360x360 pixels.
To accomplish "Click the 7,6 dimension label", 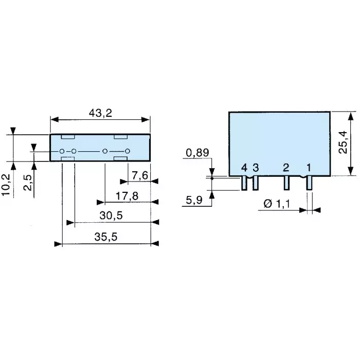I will point(139,176).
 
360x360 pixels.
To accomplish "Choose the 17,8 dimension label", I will point(127,196).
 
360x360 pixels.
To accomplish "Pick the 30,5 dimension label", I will point(112,216).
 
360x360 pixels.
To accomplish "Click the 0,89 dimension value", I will point(196,153).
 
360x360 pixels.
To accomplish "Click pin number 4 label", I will point(244,168).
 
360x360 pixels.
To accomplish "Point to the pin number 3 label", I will point(256,168).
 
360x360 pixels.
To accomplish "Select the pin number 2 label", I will point(286,168).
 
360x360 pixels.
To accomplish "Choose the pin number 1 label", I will point(309,168).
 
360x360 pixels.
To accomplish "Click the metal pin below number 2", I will point(286,183).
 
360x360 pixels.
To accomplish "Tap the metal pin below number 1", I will point(309,183).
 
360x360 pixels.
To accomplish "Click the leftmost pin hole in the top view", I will point(62,151).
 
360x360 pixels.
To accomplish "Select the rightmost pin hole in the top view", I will point(128,151).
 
